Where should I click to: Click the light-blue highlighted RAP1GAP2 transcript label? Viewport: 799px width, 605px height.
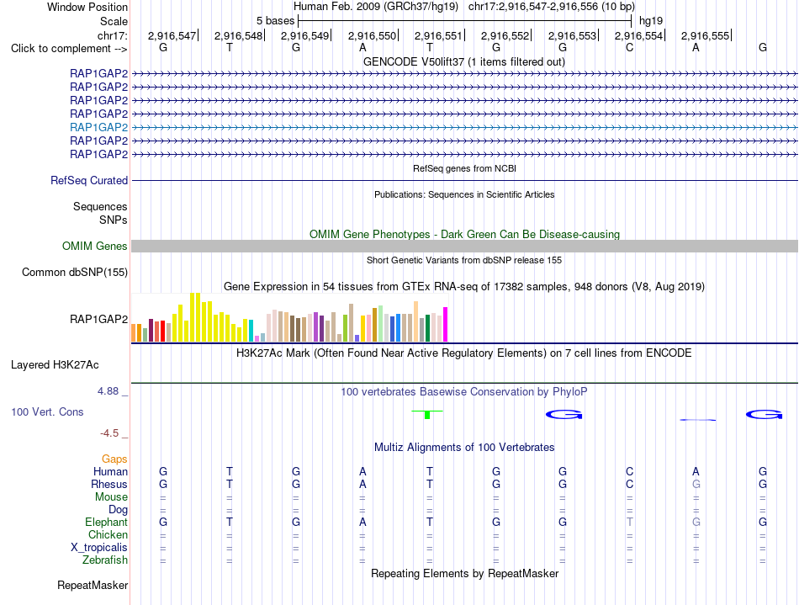99,127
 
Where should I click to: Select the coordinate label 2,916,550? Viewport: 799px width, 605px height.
372,35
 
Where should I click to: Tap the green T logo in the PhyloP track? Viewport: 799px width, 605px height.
427,414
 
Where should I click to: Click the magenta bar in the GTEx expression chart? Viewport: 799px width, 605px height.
446,324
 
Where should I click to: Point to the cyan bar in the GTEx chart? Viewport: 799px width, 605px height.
251,331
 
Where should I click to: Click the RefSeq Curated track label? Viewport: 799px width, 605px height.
89,180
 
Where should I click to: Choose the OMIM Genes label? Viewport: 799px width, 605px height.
95,247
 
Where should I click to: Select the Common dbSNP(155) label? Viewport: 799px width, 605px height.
75,272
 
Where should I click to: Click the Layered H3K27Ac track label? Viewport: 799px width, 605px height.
55,365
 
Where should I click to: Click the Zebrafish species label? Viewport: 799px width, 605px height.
105,560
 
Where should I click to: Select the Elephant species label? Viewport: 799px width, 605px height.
107,523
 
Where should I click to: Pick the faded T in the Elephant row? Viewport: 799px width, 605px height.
630,522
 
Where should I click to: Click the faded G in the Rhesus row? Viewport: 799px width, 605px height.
696,484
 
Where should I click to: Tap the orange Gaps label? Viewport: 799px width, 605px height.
114,459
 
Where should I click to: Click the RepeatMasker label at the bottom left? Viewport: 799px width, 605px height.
93,585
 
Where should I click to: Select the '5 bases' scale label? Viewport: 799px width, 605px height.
275,21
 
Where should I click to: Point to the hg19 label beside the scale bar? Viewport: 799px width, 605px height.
651,21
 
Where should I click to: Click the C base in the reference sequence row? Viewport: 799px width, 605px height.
630,47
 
